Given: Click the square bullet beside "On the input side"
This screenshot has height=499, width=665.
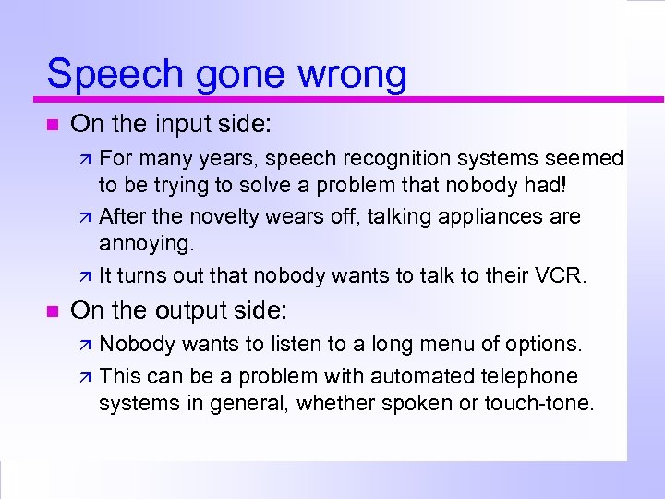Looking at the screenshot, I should pos(51,124).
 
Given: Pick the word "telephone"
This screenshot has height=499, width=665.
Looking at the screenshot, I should pos(531,377).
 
